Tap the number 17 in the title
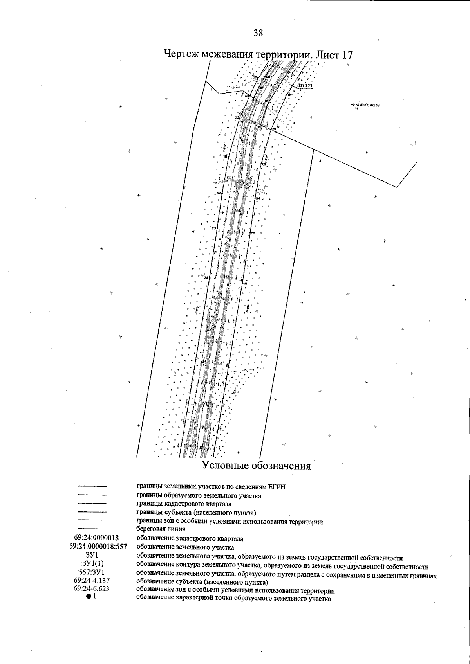345,54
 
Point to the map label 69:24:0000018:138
365,105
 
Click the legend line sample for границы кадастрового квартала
92,503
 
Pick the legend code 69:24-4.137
91,580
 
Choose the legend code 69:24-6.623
91,588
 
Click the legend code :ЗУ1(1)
91,563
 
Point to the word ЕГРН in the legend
277,487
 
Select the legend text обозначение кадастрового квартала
190,538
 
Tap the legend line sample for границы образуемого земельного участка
92,495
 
